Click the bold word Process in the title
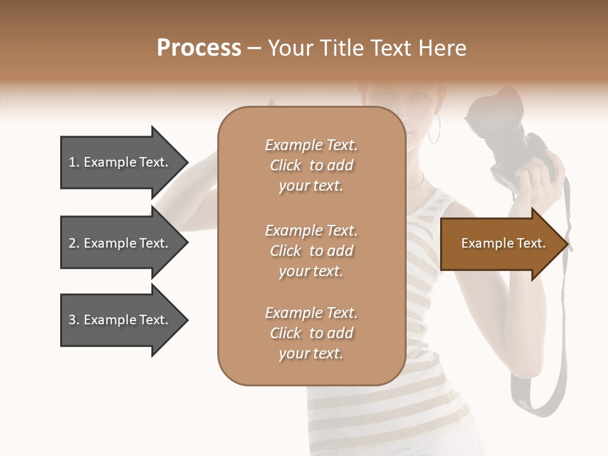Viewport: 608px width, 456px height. click(199, 47)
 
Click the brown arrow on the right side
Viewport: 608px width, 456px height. click(500, 244)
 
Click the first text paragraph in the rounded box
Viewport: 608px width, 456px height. click(311, 165)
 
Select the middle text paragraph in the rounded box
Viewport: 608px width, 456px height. click(311, 251)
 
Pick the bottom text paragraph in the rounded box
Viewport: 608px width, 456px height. click(311, 333)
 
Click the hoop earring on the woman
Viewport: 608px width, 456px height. click(434, 132)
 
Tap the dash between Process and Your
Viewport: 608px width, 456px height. click(255, 49)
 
